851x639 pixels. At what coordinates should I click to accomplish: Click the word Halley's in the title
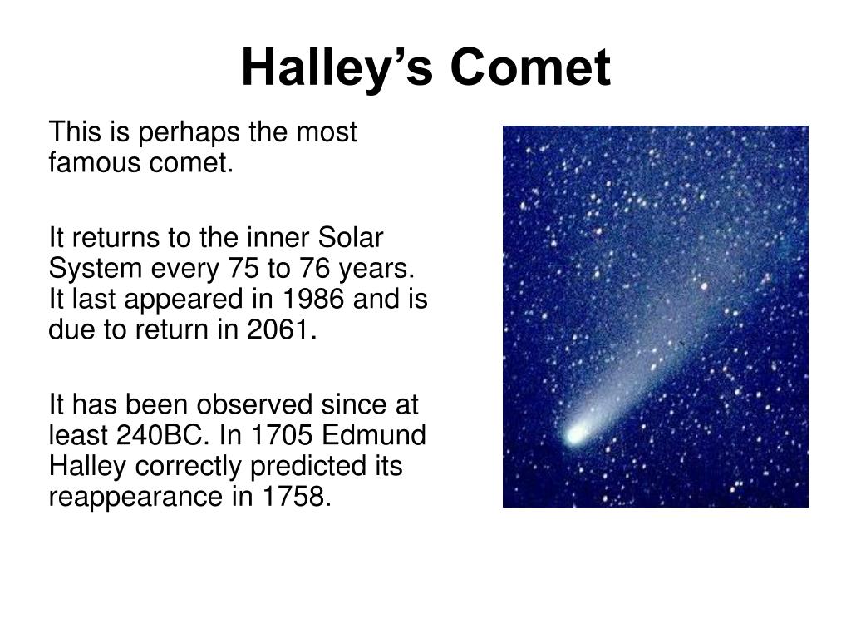coord(337,69)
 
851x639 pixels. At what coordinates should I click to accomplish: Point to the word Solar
coord(350,237)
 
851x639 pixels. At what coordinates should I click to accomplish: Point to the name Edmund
coord(373,434)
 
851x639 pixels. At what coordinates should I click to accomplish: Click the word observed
coord(254,404)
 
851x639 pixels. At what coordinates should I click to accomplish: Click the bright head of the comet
coord(575,434)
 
